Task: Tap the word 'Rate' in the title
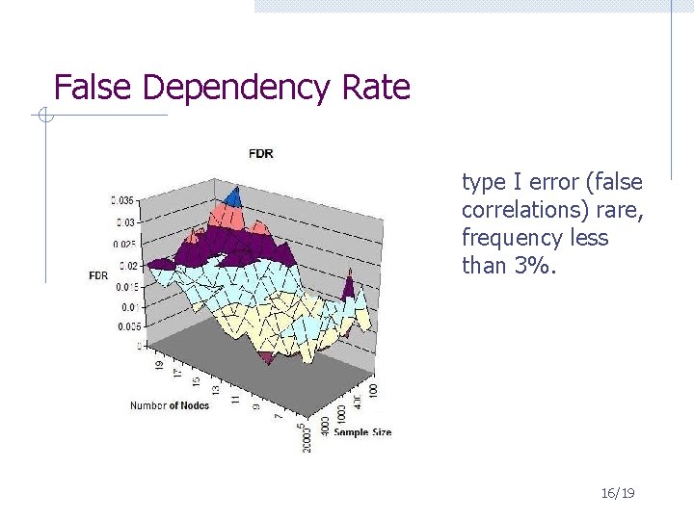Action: (x=376, y=88)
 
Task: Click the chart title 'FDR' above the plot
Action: (x=260, y=153)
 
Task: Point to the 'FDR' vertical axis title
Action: (x=98, y=275)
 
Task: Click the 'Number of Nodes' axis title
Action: (x=169, y=405)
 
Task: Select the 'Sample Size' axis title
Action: (x=362, y=432)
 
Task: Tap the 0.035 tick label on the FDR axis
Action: (x=122, y=200)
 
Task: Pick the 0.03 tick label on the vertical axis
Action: (x=124, y=222)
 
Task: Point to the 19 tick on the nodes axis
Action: (x=160, y=365)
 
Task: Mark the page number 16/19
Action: (x=617, y=493)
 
